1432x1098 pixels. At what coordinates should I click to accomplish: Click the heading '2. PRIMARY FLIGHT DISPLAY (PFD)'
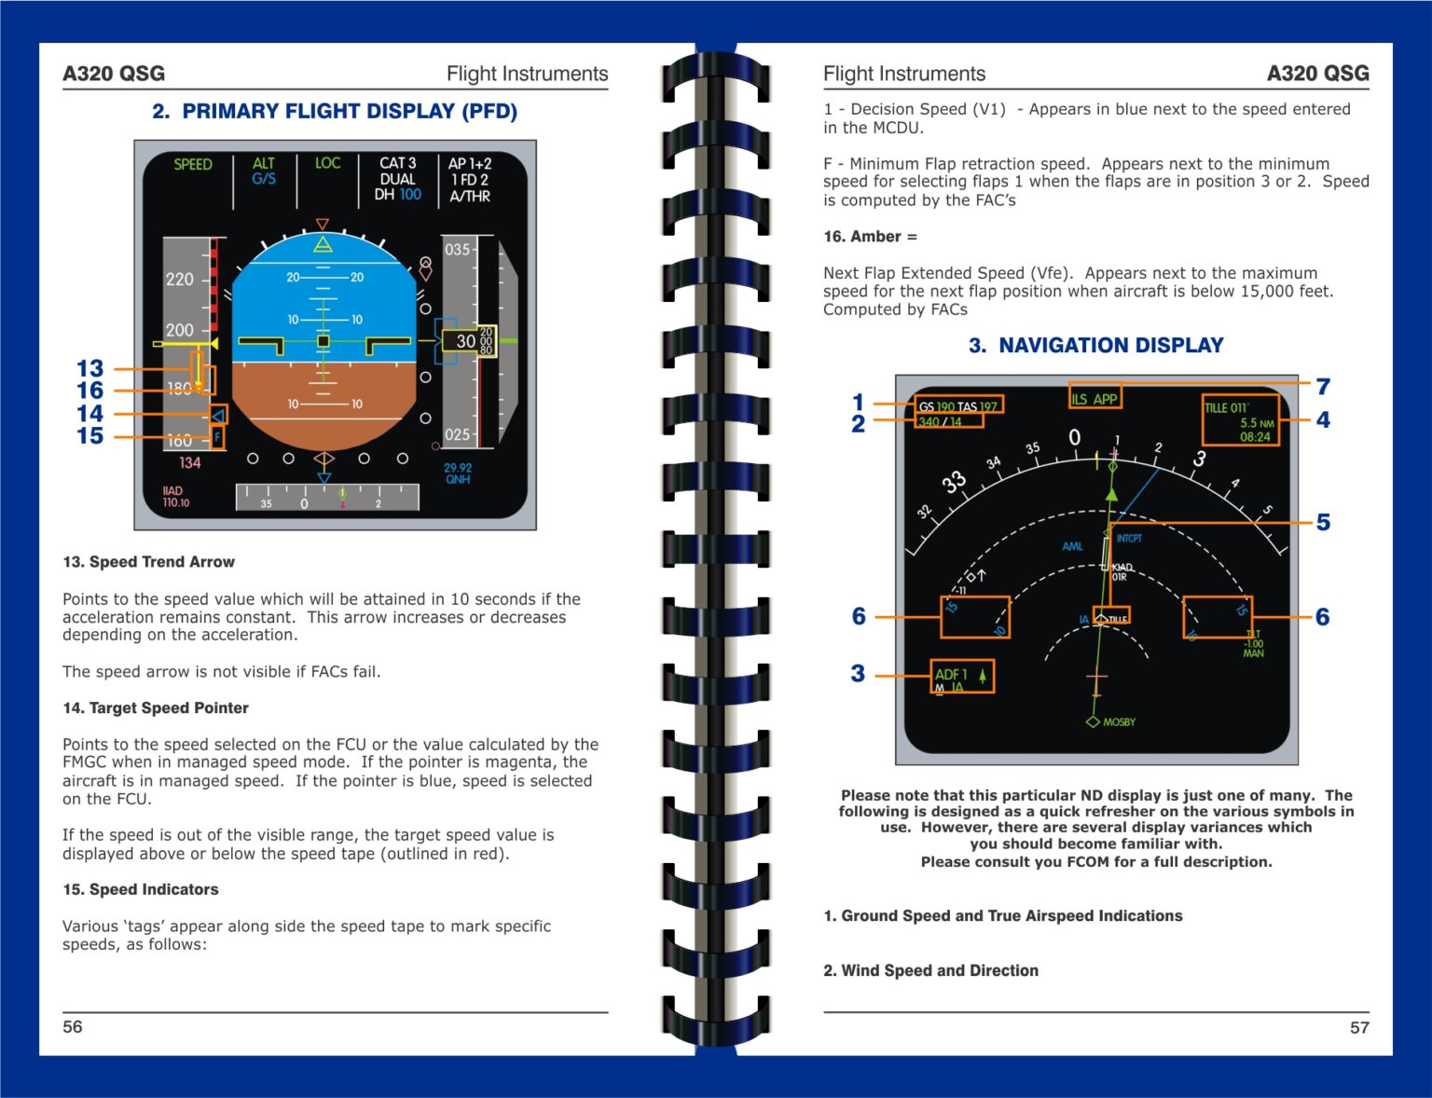[x=335, y=111]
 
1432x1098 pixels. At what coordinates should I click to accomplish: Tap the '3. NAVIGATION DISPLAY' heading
[x=1095, y=346]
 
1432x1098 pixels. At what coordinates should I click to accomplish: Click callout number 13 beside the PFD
[x=89, y=368]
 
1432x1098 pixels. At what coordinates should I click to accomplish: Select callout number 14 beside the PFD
[x=89, y=413]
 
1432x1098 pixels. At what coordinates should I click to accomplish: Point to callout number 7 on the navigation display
[x=1322, y=386]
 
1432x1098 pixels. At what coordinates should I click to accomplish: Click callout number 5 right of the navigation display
[x=1322, y=522]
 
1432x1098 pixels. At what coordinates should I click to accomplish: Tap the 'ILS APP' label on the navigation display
[x=1095, y=399]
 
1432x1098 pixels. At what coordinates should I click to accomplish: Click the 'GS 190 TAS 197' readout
[x=957, y=406]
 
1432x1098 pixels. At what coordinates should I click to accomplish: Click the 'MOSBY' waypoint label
[x=1118, y=722]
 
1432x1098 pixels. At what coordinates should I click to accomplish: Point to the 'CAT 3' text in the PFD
[x=397, y=163]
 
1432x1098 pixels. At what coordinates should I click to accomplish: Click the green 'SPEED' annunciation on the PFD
[x=193, y=164]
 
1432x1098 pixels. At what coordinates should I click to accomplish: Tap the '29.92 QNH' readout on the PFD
[x=458, y=474]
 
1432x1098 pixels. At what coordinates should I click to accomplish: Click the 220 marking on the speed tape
[x=180, y=279]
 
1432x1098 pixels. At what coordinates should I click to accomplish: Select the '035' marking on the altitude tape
[x=457, y=250]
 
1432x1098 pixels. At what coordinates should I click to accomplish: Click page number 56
[x=73, y=1026]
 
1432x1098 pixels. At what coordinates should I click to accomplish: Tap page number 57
[x=1359, y=1027]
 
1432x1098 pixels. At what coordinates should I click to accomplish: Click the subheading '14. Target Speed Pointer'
[x=156, y=708]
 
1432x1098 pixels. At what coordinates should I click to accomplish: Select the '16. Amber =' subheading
[x=870, y=237]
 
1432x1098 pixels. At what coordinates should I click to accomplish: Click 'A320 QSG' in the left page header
[x=114, y=74]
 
